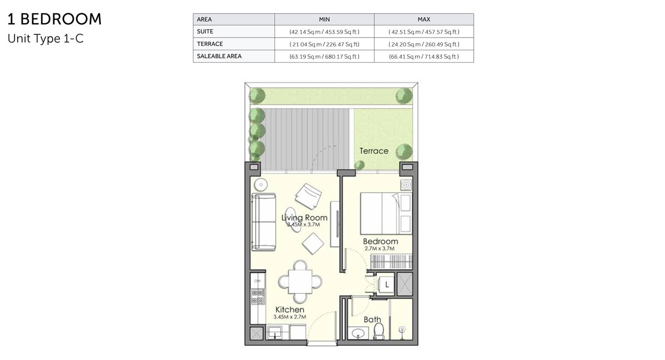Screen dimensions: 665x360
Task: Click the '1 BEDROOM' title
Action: click(x=54, y=19)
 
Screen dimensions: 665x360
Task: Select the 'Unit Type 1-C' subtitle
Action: click(x=45, y=39)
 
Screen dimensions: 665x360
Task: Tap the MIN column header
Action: click(x=324, y=19)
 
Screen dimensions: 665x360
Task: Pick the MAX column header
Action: click(x=423, y=19)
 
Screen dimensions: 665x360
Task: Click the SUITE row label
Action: click(x=205, y=32)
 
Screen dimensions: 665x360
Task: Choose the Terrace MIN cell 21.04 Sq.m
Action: click(x=324, y=44)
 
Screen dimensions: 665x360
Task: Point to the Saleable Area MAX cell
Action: click(x=423, y=56)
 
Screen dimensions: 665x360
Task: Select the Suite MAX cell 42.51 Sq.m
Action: click(x=423, y=32)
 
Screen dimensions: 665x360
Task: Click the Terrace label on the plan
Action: click(x=374, y=151)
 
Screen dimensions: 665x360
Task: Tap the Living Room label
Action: click(x=304, y=218)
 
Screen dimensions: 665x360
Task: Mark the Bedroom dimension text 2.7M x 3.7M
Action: click(x=380, y=249)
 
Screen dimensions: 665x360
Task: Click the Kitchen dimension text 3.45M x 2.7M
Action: click(x=290, y=317)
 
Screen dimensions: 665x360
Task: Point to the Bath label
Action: click(x=372, y=320)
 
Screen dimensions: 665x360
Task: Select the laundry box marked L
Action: click(x=386, y=285)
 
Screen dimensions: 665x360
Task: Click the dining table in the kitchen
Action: click(x=300, y=281)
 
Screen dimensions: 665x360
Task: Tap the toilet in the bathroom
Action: click(x=378, y=331)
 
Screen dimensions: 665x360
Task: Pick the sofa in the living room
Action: click(x=264, y=222)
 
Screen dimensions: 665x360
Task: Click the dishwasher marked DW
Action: click(x=257, y=281)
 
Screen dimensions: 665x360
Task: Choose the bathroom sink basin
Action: click(x=359, y=333)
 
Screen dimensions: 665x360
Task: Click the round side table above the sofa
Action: click(x=261, y=184)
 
